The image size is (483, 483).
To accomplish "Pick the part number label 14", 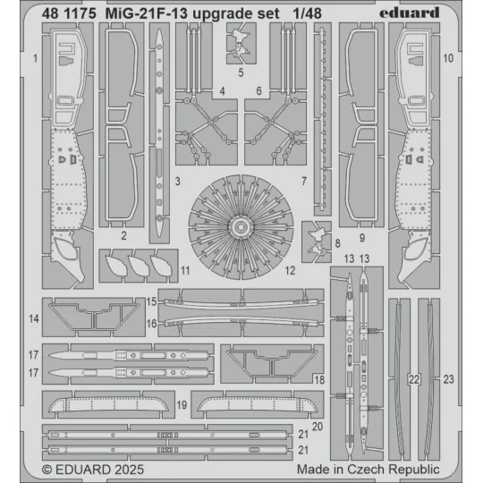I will point(33,318).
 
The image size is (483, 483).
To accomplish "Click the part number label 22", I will point(413,379).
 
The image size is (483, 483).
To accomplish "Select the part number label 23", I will point(449,379).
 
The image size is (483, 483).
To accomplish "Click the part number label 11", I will point(184,269).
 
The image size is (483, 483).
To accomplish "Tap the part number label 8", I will point(336,241).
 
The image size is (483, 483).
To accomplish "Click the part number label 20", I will point(317,427).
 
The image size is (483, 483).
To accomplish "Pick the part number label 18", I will point(319,379).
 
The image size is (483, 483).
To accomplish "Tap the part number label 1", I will point(33,58).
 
